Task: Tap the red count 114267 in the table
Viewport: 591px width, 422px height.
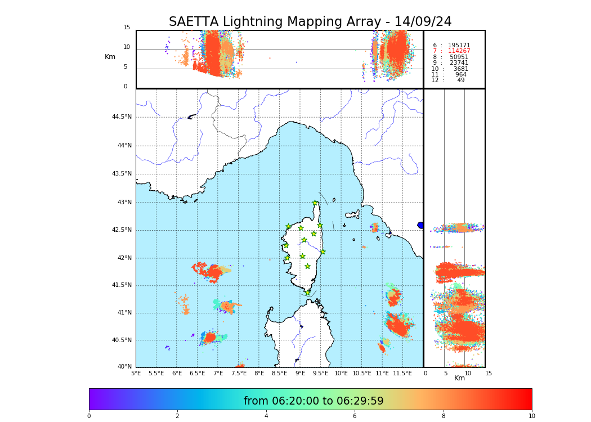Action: pos(459,51)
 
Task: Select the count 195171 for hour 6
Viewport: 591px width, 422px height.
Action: pos(459,46)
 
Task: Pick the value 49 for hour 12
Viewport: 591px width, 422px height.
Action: pos(460,80)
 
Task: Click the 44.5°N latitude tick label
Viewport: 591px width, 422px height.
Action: pos(122,117)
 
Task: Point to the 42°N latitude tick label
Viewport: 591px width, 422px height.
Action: pos(124,258)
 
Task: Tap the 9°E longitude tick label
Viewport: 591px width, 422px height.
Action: pos(301,373)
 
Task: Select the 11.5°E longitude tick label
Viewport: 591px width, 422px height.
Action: pos(402,373)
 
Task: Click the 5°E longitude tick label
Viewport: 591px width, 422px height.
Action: pos(136,373)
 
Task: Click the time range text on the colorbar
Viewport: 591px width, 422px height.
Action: pos(314,401)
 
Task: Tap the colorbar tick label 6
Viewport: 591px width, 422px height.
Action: pos(355,416)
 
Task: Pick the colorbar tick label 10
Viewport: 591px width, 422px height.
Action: pos(531,416)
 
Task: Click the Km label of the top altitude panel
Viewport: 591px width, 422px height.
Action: pos(110,57)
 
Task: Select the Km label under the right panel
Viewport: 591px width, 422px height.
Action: pos(459,379)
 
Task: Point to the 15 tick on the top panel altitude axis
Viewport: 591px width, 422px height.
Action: pos(127,28)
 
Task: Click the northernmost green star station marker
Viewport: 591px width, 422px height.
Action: pos(315,203)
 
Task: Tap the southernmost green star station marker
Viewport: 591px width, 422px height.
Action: pos(308,293)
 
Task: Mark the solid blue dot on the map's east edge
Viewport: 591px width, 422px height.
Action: pos(420,225)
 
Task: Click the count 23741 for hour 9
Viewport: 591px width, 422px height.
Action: pos(459,63)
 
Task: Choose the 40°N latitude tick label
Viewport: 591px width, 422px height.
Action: pos(124,367)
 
